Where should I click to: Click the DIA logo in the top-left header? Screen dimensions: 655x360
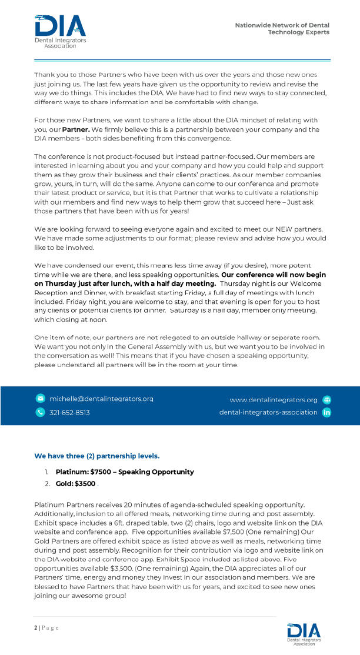60,31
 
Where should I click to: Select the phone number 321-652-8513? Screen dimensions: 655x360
69,412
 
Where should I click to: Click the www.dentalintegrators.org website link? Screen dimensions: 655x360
273,400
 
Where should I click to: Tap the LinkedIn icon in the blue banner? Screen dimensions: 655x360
327,412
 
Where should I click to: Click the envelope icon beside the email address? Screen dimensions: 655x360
40,399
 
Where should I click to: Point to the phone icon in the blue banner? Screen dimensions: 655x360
40,412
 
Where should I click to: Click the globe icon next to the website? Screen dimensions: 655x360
327,400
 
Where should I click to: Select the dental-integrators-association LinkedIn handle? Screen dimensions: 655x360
268,412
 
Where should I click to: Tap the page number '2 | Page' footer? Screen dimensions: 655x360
46,627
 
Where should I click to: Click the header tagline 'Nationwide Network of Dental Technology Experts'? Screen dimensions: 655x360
282,29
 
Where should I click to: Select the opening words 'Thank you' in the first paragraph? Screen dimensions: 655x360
50,75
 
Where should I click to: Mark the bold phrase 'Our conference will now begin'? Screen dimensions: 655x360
274,275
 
